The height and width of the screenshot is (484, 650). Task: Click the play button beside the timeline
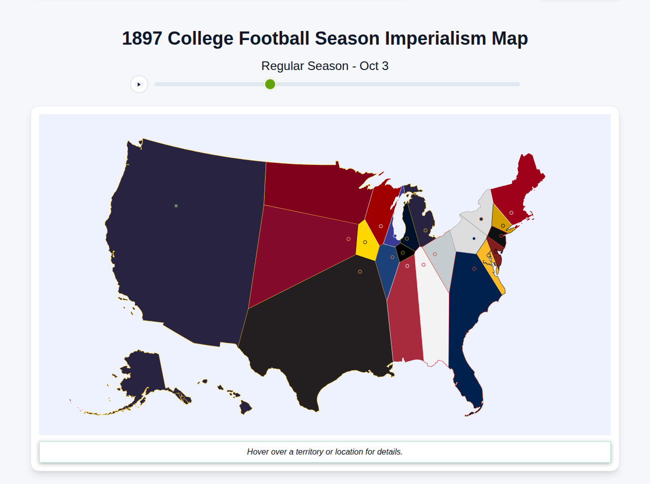pyautogui.click(x=139, y=84)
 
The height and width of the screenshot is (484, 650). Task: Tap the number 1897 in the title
pyautogui.click(x=142, y=39)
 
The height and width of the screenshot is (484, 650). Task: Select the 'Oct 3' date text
pyautogui.click(x=374, y=66)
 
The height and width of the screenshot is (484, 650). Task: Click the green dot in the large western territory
pyautogui.click(x=176, y=206)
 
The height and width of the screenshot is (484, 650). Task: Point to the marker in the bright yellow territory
pyautogui.click(x=365, y=243)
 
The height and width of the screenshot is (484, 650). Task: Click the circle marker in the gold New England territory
pyautogui.click(x=503, y=226)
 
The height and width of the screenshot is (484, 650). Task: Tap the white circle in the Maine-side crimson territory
pyautogui.click(x=511, y=213)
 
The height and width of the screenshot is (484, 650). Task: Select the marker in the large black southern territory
pyautogui.click(x=360, y=272)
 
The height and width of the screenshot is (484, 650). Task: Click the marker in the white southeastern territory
pyautogui.click(x=424, y=265)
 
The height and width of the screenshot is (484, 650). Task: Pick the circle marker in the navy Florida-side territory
pyautogui.click(x=474, y=269)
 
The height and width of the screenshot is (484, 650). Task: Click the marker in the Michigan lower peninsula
pyautogui.click(x=426, y=231)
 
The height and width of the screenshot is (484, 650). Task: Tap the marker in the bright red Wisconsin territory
pyautogui.click(x=381, y=226)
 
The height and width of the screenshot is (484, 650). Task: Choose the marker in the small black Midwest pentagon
pyautogui.click(x=403, y=253)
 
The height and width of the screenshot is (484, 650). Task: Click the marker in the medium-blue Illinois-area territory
pyautogui.click(x=393, y=257)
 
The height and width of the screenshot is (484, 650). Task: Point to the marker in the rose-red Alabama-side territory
pyautogui.click(x=407, y=266)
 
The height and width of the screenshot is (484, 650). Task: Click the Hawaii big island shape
pyautogui.click(x=246, y=407)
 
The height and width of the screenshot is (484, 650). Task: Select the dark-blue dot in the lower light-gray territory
pyautogui.click(x=474, y=238)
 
